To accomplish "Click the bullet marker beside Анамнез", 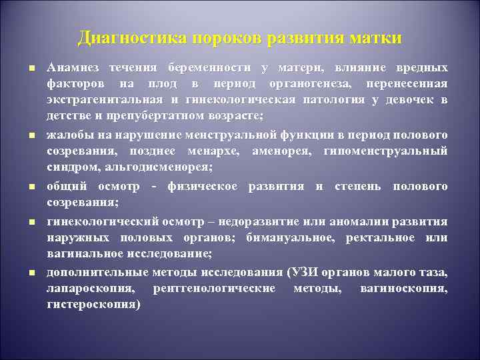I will (31, 69).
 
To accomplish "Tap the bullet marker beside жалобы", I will (31, 136).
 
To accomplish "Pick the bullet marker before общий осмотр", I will (31, 187).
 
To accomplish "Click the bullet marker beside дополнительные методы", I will (31, 273).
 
